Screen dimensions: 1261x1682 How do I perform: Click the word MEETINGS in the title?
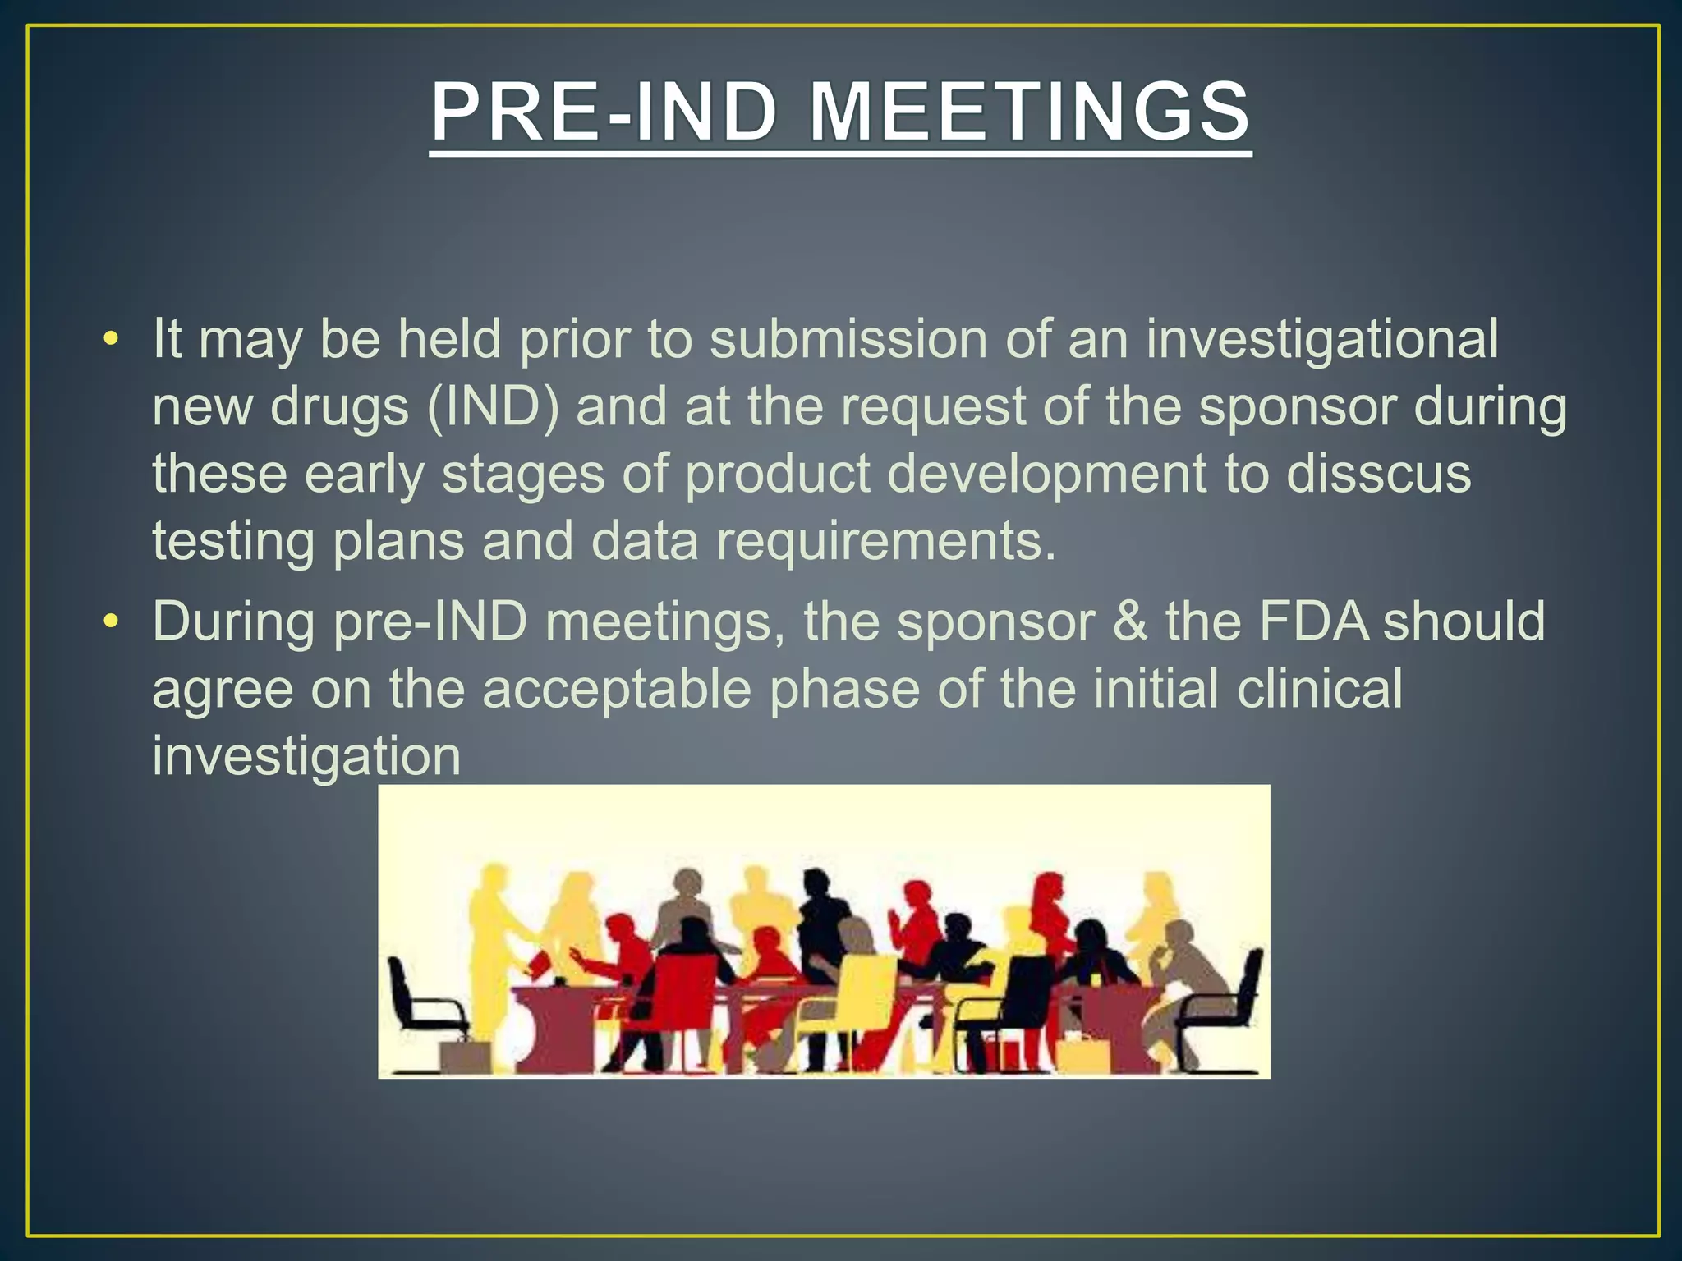pos(1030,112)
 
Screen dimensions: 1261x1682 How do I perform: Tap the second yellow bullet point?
pos(112,621)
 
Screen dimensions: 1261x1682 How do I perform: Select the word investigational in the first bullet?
pos(1322,339)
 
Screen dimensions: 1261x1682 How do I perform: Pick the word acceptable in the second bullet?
pos(616,689)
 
